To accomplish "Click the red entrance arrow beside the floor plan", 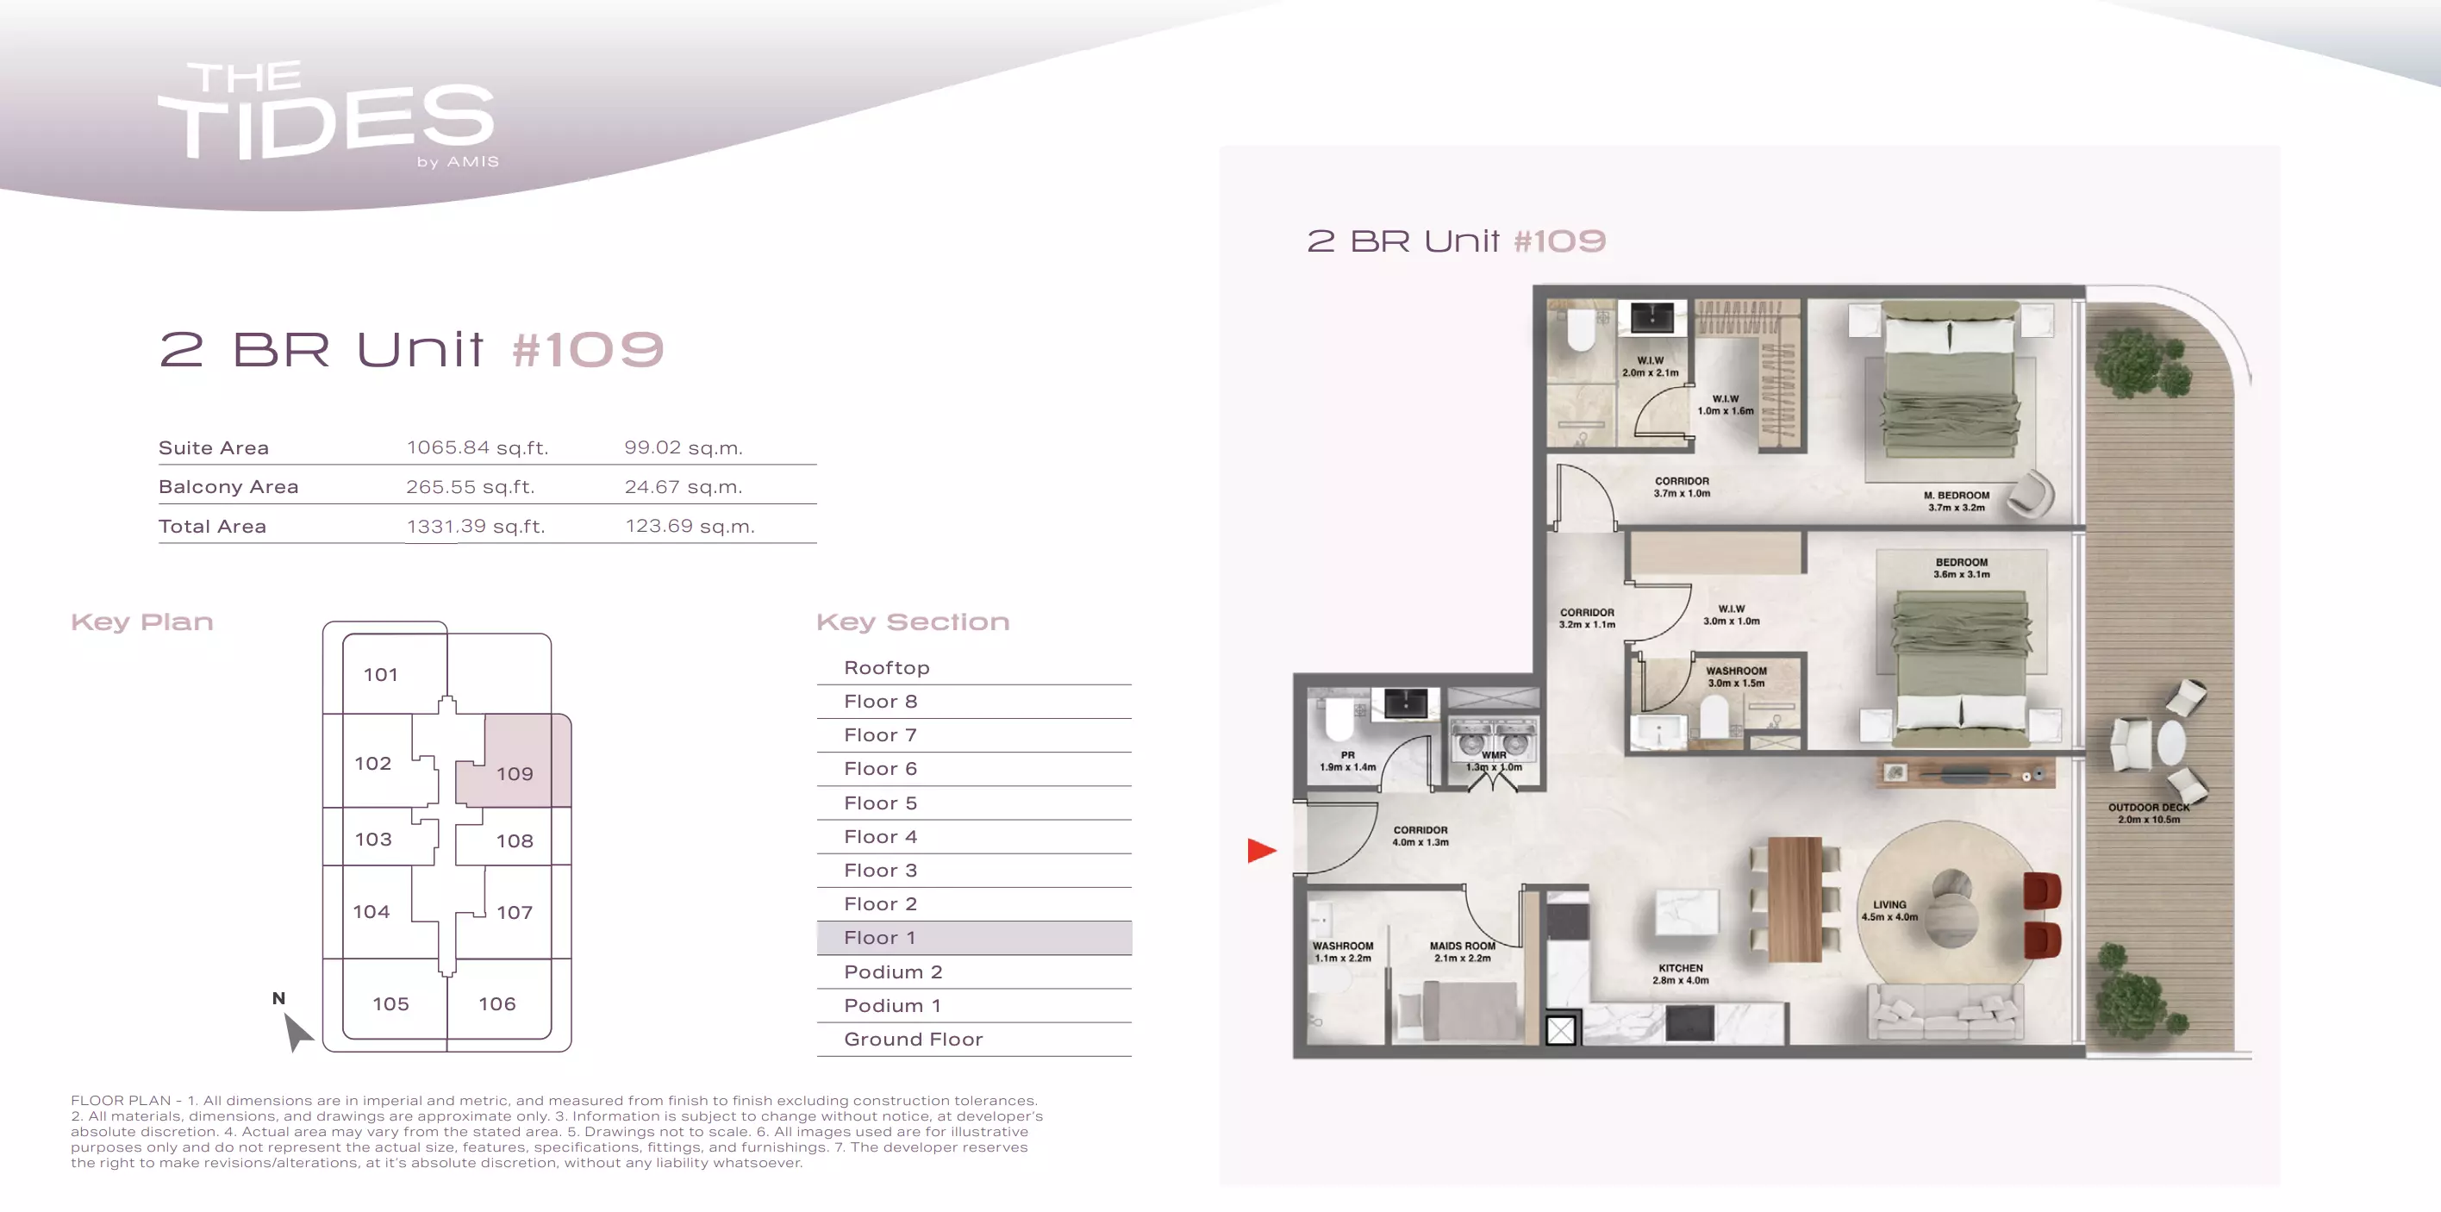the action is (1261, 850).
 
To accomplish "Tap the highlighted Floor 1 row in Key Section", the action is (974, 937).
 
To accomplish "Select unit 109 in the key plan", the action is (515, 773).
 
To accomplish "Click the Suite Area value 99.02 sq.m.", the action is (684, 447).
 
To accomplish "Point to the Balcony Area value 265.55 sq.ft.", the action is (470, 486).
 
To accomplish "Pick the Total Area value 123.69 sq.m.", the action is (690, 526).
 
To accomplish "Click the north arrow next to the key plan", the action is (297, 1031).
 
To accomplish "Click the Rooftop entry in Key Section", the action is (886, 667).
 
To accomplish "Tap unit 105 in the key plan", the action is (390, 1003).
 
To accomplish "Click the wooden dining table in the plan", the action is (1795, 898).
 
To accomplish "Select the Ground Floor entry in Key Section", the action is (914, 1039).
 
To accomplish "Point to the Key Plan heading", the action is (142, 622).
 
